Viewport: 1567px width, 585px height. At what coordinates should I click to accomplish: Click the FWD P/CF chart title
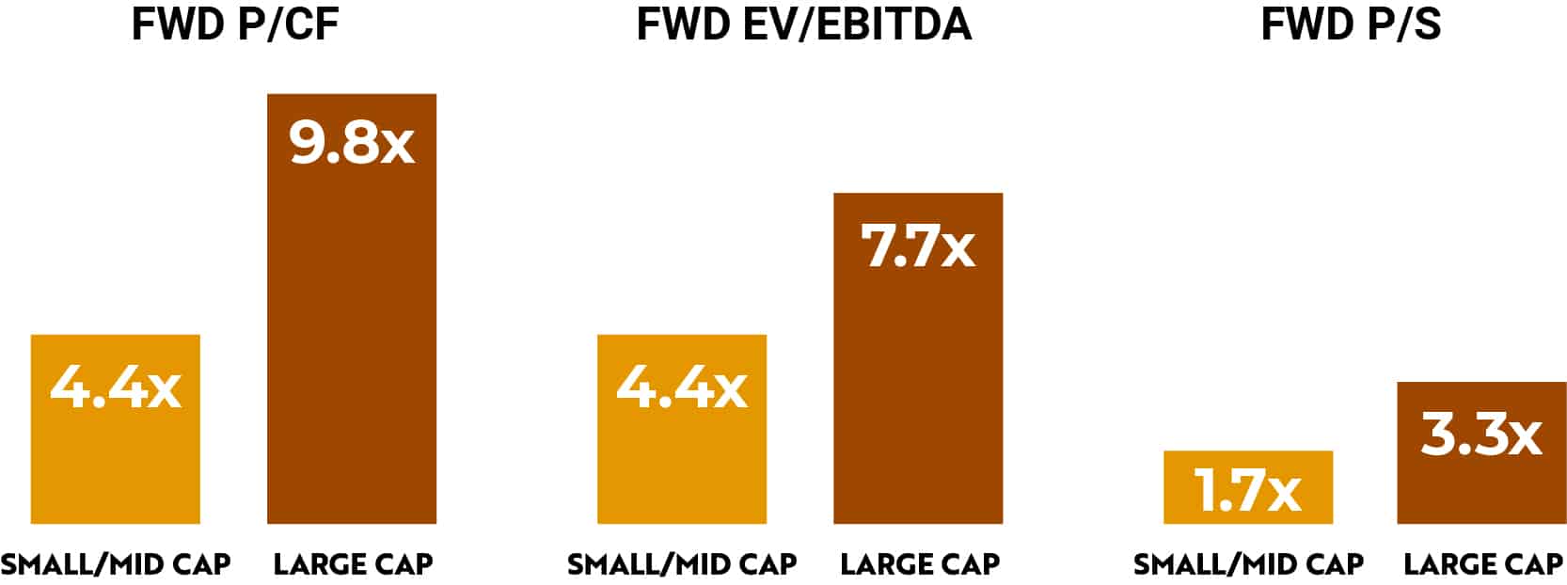point(235,24)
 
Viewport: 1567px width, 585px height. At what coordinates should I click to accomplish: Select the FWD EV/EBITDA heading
point(804,24)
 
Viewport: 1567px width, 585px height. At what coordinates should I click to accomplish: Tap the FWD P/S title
point(1351,24)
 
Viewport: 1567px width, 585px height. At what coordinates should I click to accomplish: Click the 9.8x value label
point(352,143)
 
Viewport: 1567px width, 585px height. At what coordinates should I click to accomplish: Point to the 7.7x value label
point(918,246)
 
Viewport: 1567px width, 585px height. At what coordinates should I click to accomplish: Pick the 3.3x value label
point(1481,435)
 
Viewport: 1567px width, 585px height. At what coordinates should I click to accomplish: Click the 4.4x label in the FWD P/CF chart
point(116,387)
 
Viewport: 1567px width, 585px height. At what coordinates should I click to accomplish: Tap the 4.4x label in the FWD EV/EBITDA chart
point(682,387)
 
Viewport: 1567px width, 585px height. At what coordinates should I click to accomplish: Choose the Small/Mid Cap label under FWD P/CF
point(116,564)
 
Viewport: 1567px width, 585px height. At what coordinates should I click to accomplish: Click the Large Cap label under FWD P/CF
point(353,564)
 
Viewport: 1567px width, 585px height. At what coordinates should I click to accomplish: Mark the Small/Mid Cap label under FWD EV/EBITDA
point(682,564)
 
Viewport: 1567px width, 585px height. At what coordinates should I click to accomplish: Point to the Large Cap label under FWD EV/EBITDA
point(919,564)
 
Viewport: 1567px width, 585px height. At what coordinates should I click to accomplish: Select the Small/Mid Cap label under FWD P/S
point(1248,564)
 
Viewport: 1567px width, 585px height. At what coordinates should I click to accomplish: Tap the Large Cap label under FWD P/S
point(1482,564)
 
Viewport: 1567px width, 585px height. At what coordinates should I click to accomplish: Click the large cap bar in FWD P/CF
point(352,329)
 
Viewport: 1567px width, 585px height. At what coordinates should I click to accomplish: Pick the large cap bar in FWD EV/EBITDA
point(918,395)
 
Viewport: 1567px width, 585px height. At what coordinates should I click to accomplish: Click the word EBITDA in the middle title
point(889,24)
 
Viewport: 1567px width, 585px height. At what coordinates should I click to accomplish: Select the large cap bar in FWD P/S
point(1481,489)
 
